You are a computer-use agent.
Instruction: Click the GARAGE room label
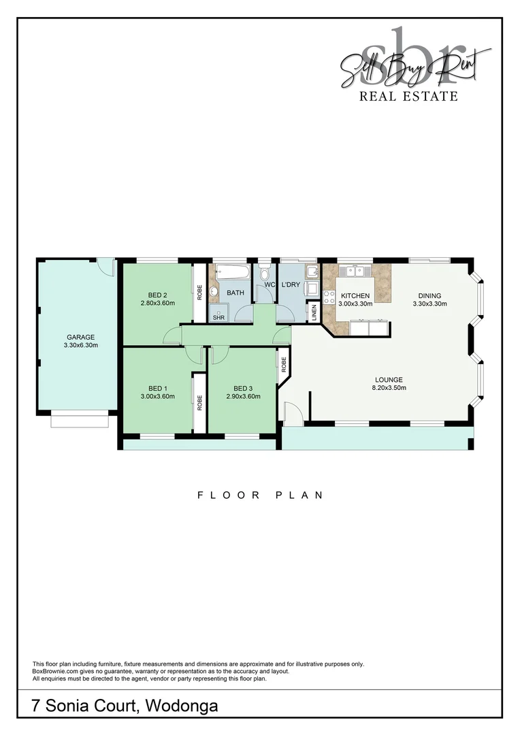coord(80,337)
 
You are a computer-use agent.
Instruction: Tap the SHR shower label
coord(218,317)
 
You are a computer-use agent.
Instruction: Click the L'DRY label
coord(291,284)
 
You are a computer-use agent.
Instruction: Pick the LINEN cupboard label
coord(314,312)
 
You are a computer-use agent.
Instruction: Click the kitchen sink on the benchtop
coord(355,272)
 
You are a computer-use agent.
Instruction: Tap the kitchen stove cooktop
coord(329,297)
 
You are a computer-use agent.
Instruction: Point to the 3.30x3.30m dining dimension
coord(429,304)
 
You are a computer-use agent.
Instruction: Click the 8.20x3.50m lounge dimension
coord(389,388)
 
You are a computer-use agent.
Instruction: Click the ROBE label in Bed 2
coord(199,292)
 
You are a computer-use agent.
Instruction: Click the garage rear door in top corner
coord(105,265)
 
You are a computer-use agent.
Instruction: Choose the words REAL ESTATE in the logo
coord(408,96)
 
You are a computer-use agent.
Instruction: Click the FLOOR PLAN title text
coord(260,495)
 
